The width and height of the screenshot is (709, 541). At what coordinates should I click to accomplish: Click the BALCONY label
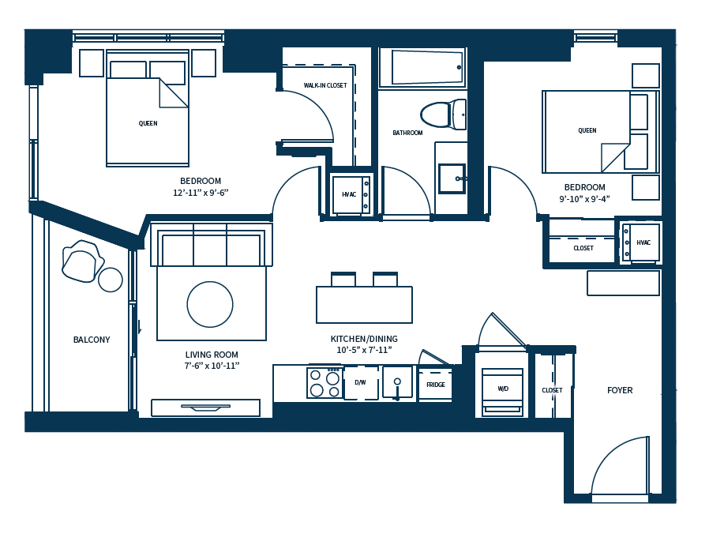click(x=92, y=340)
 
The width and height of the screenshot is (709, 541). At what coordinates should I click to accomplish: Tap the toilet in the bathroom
click(x=443, y=114)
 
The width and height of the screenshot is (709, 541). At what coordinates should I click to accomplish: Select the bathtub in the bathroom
click(x=422, y=67)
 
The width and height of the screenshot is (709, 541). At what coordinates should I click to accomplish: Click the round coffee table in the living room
click(x=210, y=304)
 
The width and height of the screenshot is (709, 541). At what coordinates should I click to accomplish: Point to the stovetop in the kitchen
click(x=324, y=383)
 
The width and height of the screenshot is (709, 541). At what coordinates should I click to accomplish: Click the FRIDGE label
click(x=436, y=385)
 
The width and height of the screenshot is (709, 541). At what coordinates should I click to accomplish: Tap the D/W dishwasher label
click(x=360, y=383)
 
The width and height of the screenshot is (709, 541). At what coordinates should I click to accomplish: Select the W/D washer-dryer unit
click(x=503, y=391)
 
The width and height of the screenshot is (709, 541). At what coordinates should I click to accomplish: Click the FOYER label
click(x=620, y=390)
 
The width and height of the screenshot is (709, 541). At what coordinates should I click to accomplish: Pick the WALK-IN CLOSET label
click(x=325, y=85)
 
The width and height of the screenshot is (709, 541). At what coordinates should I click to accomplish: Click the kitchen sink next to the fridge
click(x=397, y=384)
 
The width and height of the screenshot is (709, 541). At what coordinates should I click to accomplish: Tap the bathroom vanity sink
click(x=452, y=178)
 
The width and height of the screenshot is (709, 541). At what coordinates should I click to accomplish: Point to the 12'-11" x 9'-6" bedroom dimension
click(x=201, y=193)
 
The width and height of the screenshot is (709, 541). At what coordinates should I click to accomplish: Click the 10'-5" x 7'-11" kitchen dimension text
click(x=364, y=350)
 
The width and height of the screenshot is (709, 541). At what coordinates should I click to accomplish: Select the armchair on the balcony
click(x=83, y=261)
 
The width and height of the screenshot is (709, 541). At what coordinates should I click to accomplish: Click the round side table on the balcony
click(x=111, y=280)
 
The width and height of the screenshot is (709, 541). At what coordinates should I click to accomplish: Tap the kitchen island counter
click(x=364, y=304)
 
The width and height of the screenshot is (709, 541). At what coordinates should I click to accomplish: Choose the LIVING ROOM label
click(x=212, y=355)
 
